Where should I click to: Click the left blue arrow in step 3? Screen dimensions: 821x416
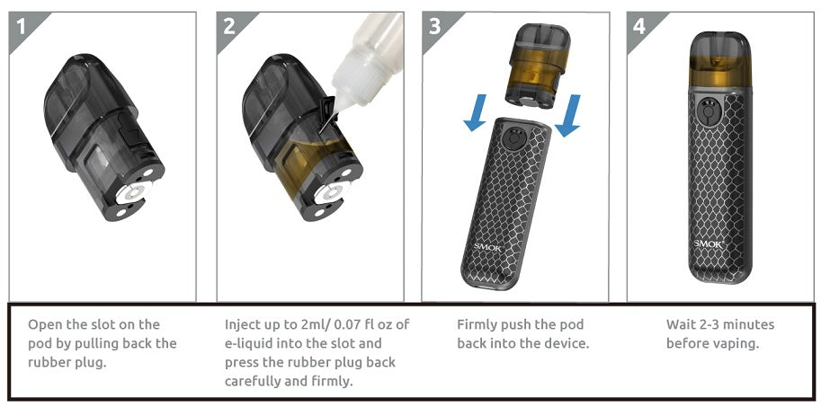click(476, 112)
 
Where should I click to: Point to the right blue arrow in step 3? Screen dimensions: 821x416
click(568, 115)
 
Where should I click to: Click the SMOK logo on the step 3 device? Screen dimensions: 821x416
click(487, 247)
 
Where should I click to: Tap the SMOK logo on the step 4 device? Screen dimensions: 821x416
click(709, 244)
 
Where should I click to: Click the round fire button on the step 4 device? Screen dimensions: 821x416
click(708, 111)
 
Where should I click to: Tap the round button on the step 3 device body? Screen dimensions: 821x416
click(512, 139)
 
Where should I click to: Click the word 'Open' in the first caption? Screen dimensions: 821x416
click(45, 325)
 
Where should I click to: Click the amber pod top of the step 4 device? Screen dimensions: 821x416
click(720, 59)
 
